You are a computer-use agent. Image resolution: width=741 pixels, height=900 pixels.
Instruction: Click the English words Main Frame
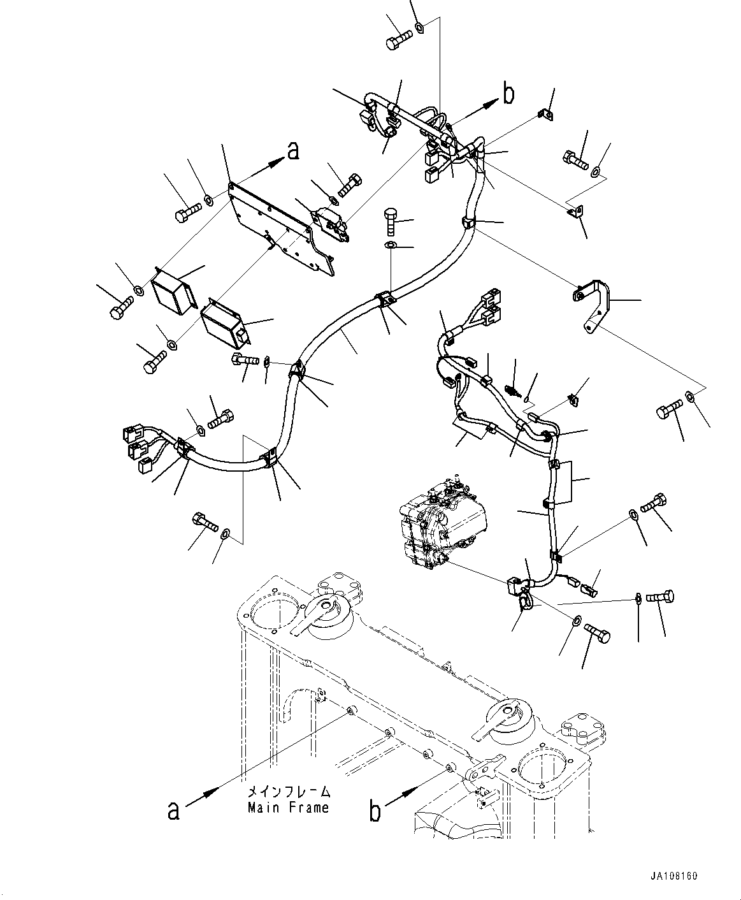coord(289,808)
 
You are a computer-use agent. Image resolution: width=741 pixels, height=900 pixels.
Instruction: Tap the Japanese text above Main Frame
coord(289,792)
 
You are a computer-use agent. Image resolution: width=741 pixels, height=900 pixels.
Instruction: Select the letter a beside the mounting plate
coord(292,151)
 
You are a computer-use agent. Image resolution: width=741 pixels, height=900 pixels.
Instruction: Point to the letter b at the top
coord(508,94)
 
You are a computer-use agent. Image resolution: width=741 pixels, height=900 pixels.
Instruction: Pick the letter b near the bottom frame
coord(376,811)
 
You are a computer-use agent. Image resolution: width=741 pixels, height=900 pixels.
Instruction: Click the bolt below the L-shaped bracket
coord(668,411)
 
